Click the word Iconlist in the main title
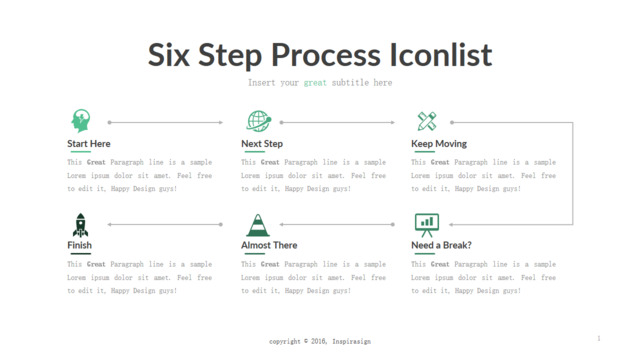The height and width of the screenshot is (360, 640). pyautogui.click(x=441, y=55)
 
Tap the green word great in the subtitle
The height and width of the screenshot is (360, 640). pyautogui.click(x=315, y=83)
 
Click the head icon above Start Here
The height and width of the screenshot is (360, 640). pyautogui.click(x=81, y=120)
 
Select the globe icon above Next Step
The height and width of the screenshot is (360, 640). pyautogui.click(x=259, y=121)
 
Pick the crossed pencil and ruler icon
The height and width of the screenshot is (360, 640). pyautogui.click(x=427, y=121)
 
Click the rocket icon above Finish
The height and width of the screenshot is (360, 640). pyautogui.click(x=80, y=225)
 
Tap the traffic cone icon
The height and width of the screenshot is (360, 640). pyautogui.click(x=258, y=225)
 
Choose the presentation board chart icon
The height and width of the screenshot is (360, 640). pyautogui.click(x=427, y=225)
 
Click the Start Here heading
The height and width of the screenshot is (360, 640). pyautogui.click(x=89, y=144)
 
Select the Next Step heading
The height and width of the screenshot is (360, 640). pyautogui.click(x=262, y=144)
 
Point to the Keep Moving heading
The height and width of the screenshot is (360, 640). pyautogui.click(x=439, y=144)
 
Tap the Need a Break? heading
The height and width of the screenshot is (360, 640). pyautogui.click(x=441, y=245)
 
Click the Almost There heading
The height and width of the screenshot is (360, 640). pyautogui.click(x=269, y=245)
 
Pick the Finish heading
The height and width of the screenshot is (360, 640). pyautogui.click(x=79, y=245)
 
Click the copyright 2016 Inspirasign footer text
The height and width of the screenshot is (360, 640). pyautogui.click(x=320, y=341)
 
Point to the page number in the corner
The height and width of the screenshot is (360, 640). pyautogui.click(x=599, y=338)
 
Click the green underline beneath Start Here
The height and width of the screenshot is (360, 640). pyautogui.click(x=80, y=152)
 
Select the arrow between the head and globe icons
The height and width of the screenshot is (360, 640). pyautogui.click(x=165, y=122)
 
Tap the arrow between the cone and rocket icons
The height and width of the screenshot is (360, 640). pyautogui.click(x=165, y=224)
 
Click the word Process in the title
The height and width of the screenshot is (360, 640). pyautogui.click(x=326, y=56)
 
